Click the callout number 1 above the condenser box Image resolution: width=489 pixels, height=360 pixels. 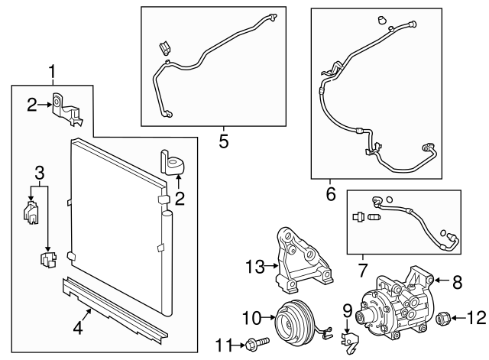click(52, 73)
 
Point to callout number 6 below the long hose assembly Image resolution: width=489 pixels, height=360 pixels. click(330, 194)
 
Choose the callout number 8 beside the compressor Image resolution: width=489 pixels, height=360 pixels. click(458, 282)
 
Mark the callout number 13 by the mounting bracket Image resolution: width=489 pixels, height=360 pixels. click(254, 266)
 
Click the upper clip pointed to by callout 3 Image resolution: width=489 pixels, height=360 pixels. click(31, 212)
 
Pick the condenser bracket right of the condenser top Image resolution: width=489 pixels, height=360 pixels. click(174, 162)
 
